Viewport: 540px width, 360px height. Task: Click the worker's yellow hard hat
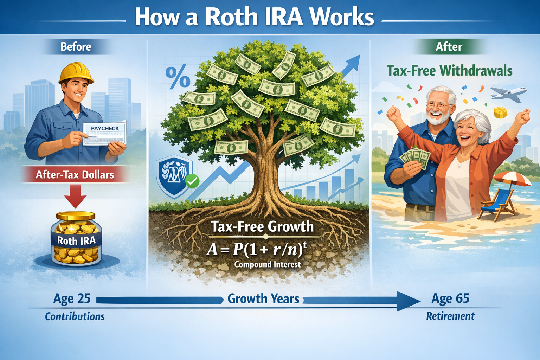76,73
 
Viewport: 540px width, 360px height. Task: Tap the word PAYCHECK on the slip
105,128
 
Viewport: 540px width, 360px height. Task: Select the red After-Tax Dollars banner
75,175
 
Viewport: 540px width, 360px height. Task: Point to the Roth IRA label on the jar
76,241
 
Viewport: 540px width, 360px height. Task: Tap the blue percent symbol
178,78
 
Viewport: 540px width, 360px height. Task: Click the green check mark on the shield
192,181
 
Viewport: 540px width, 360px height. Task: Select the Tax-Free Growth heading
262,226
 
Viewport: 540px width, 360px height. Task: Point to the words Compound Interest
267,264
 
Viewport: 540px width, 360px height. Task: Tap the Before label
76,47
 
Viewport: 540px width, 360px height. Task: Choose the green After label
449,47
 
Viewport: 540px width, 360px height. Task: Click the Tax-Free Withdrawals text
449,71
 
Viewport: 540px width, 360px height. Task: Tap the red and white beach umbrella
513,178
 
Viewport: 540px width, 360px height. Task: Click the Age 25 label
72,299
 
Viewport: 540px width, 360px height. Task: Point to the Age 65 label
450,299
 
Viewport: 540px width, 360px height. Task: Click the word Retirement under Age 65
450,316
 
